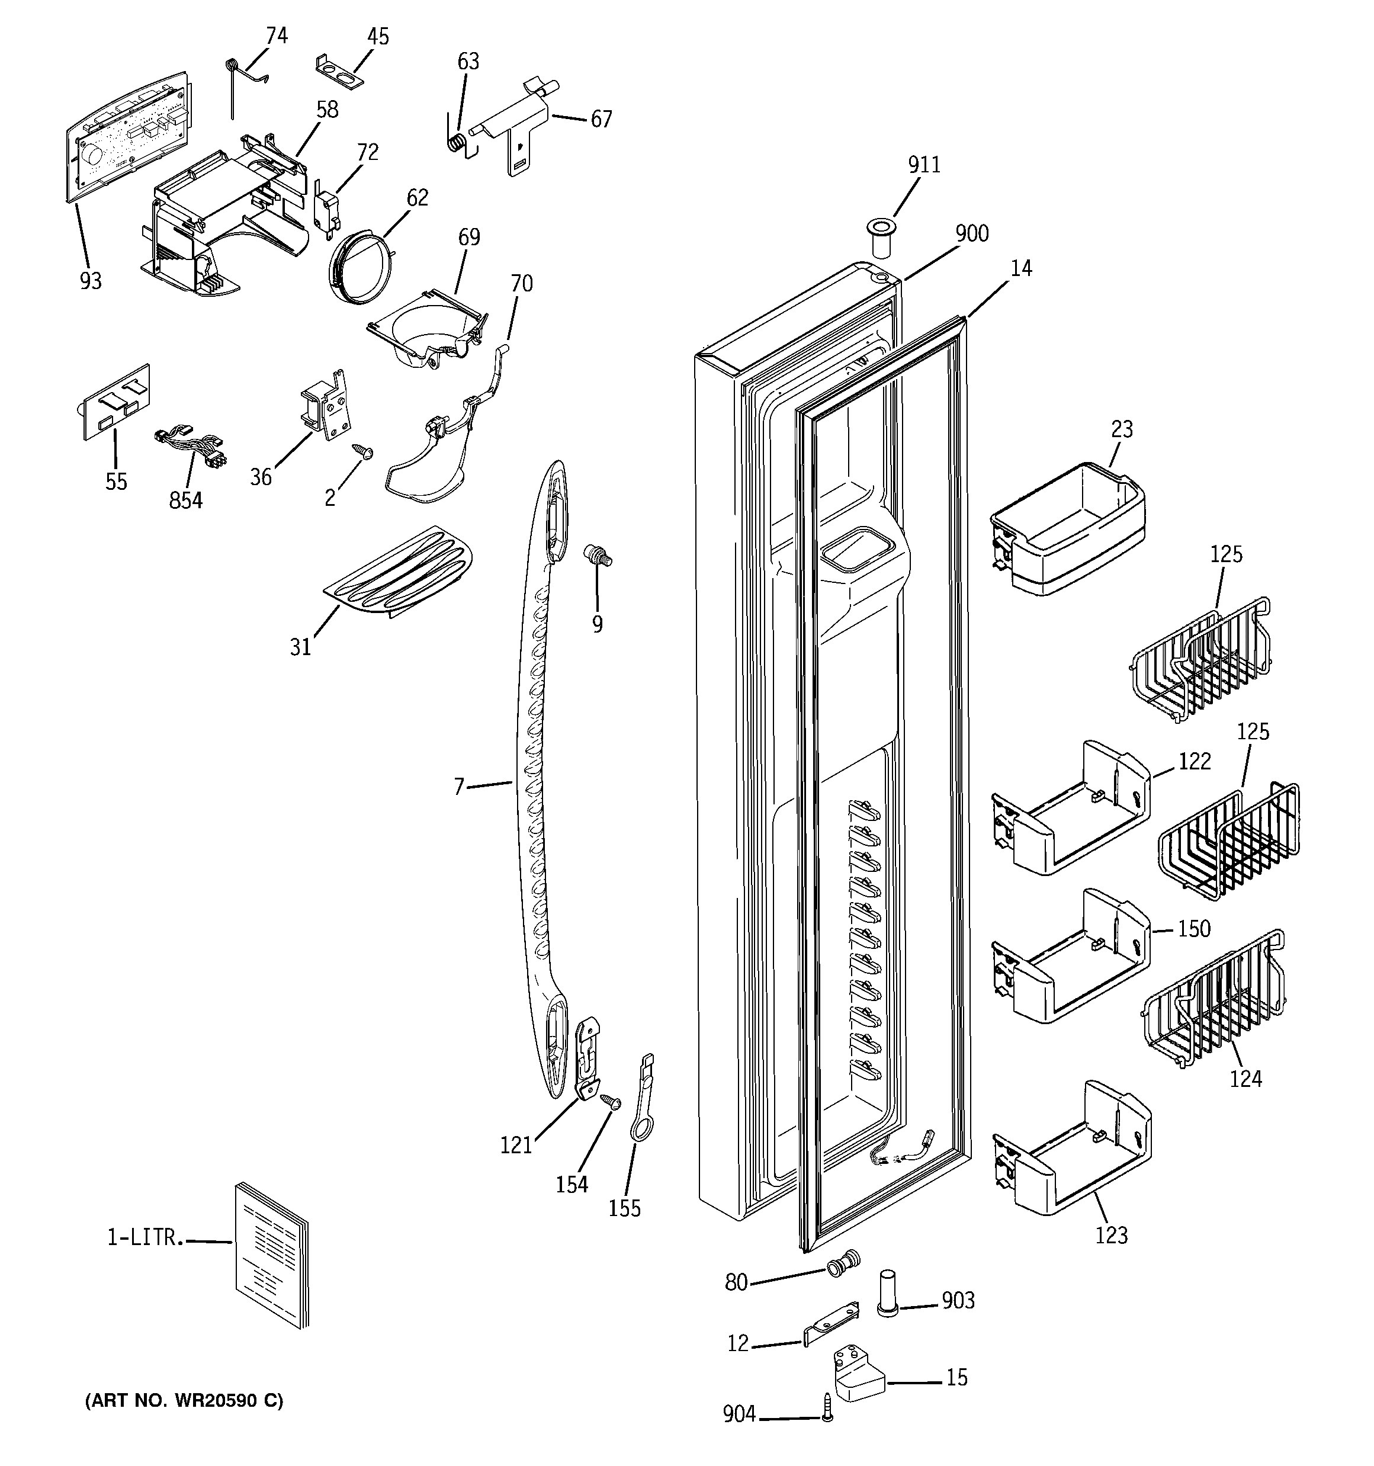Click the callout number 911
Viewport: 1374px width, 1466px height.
[x=923, y=165]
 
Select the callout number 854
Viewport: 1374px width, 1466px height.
[x=185, y=500]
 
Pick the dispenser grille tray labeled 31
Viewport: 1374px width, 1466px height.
[x=398, y=571]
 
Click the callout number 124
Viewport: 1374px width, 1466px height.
[x=1245, y=1079]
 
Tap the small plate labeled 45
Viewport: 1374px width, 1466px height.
[x=339, y=65]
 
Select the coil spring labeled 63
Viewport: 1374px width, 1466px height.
[x=458, y=140]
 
